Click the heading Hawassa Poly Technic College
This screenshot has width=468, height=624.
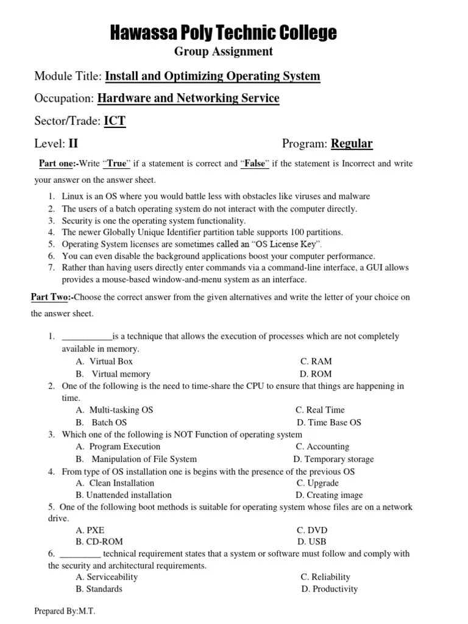(223, 33)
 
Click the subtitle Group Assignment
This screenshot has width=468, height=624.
(223, 52)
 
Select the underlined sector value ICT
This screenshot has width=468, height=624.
(115, 121)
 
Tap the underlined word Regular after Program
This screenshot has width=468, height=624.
(352, 144)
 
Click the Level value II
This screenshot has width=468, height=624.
(73, 144)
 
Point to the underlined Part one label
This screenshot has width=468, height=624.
(57, 163)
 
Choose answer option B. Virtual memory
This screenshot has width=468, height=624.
(113, 374)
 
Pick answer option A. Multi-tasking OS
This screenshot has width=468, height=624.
(115, 410)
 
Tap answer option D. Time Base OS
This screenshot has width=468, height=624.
(329, 422)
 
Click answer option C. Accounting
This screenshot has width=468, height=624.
(322, 447)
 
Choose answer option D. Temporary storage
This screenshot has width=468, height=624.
(333, 459)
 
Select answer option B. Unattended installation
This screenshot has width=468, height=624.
(124, 495)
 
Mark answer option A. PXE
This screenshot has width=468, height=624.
(90, 530)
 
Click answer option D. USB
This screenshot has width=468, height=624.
(311, 541)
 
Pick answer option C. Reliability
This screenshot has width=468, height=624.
(325, 576)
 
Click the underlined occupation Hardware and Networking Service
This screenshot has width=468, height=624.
(188, 98)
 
